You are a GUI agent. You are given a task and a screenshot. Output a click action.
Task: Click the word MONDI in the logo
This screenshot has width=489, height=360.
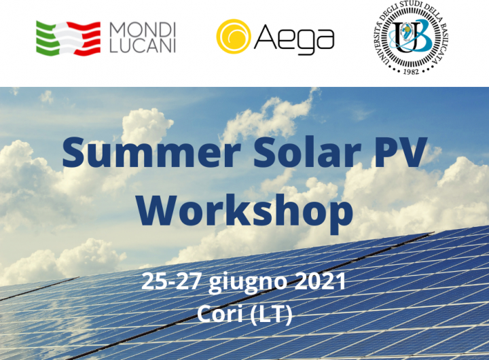click(143, 30)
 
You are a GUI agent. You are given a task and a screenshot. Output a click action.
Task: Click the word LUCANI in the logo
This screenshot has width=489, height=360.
click(143, 46)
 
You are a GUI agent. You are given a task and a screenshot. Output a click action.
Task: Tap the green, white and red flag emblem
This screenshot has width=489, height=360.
click(69, 39)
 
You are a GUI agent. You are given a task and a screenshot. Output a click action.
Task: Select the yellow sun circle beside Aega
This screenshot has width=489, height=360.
click(234, 36)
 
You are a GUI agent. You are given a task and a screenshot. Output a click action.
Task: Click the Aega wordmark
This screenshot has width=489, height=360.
click(294, 39)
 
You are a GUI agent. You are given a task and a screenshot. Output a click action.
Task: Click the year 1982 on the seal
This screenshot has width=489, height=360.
click(411, 71)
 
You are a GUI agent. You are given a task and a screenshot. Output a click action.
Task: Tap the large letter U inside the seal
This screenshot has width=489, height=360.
click(403, 37)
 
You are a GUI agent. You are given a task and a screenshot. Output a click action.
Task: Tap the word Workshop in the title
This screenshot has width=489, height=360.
click(244, 211)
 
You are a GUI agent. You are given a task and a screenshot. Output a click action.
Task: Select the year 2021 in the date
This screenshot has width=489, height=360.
click(321, 281)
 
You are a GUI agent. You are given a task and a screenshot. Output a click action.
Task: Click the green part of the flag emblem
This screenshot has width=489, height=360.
click(47, 39)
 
